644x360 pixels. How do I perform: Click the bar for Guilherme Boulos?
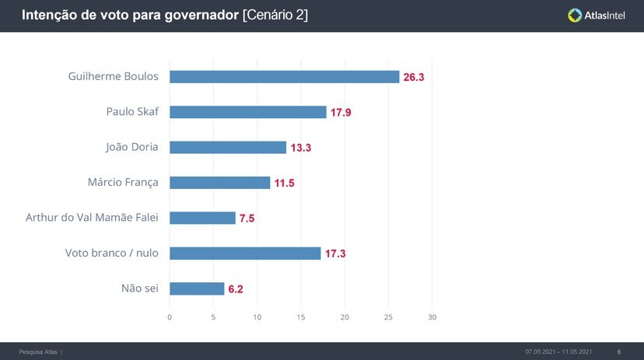coord(284,77)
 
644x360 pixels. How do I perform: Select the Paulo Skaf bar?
coord(248,112)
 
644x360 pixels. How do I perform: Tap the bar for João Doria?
coord(228,148)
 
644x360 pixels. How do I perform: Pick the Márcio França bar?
coord(220,183)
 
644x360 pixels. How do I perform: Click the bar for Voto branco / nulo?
coord(245,253)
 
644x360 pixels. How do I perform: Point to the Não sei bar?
coord(197,288)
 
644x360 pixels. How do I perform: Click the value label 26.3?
coord(414,78)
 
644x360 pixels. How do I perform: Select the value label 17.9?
coord(341,113)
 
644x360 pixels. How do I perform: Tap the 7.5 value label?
coord(247,218)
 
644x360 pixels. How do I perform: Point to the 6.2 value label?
coord(236,289)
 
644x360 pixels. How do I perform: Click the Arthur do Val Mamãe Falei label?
coord(92,218)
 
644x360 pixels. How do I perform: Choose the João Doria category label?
coord(131,147)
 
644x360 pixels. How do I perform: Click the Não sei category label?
coord(139,288)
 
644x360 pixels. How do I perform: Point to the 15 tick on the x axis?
coord(301,317)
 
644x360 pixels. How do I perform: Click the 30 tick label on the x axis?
coord(432,317)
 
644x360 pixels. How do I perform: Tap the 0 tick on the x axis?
coord(170,317)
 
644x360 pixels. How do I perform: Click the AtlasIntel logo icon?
coord(575,15)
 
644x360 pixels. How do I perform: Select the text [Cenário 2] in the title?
coord(275,15)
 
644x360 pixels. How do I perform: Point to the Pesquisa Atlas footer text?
coord(39,352)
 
